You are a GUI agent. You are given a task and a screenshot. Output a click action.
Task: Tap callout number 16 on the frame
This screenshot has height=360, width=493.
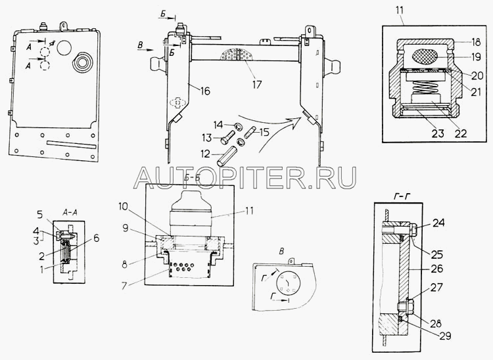(206, 91)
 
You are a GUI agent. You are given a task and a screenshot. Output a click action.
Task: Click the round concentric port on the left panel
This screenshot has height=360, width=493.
(83, 64)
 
